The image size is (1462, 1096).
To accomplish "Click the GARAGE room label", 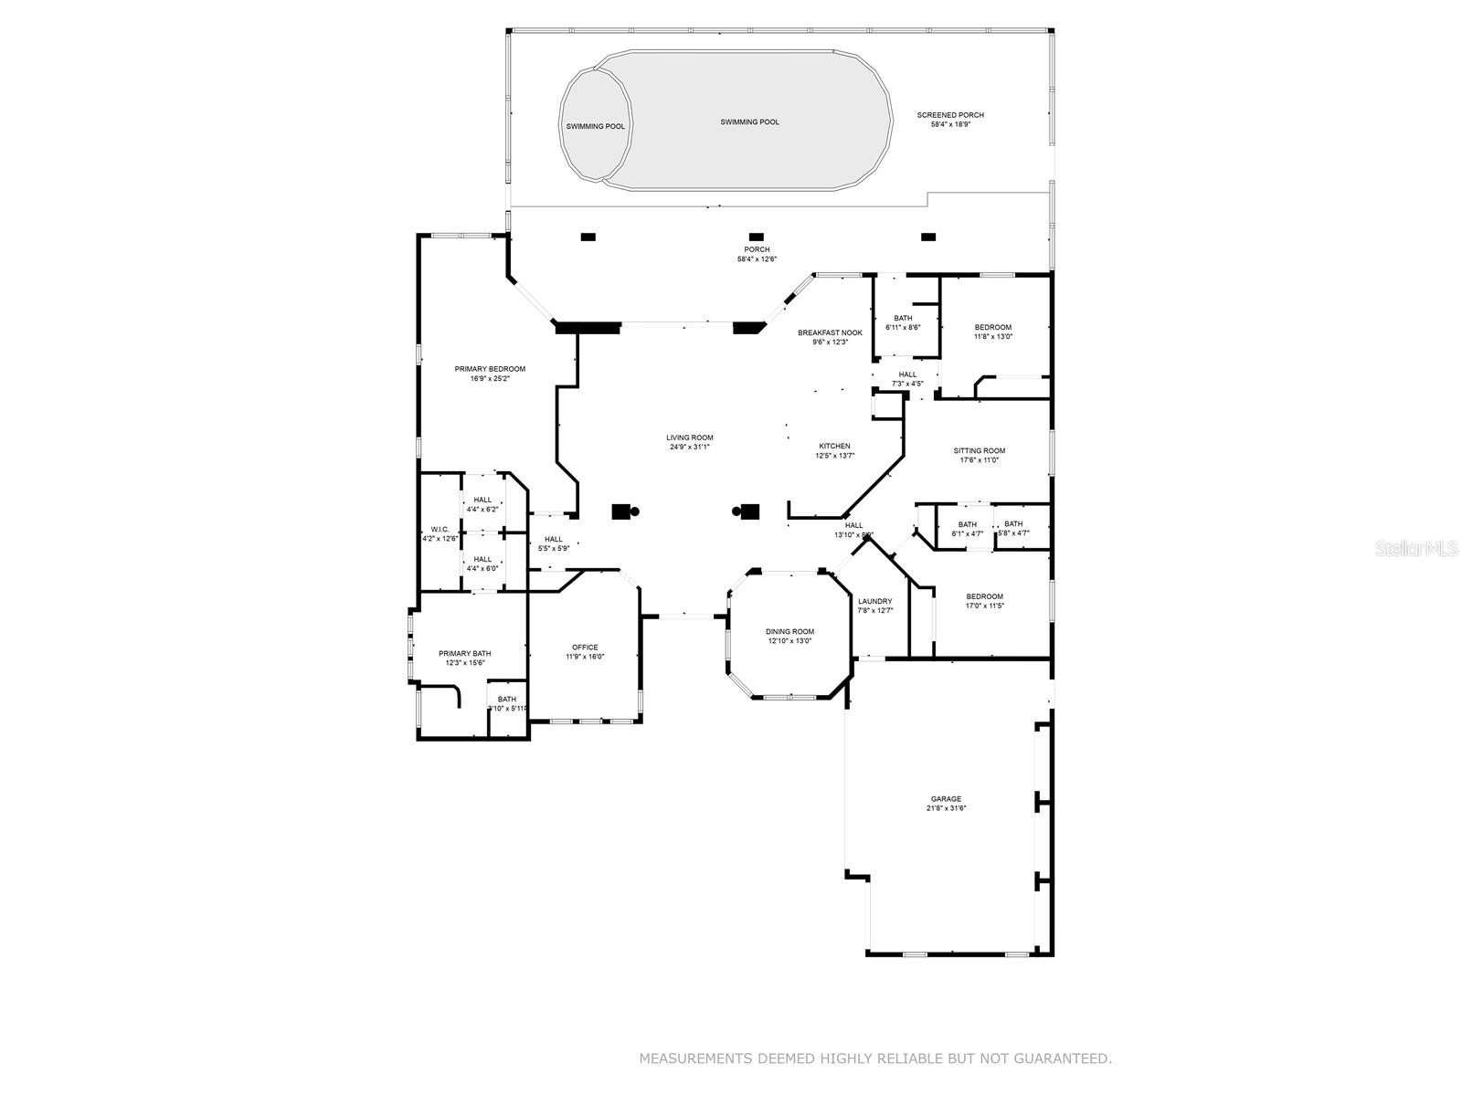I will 946,799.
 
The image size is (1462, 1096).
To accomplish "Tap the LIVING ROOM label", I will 689,438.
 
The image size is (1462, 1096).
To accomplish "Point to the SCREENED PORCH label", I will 950,115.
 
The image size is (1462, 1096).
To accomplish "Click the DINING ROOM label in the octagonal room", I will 789,632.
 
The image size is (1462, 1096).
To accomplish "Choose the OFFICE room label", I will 585,648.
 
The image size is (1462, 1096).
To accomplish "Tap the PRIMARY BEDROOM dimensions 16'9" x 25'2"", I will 490,378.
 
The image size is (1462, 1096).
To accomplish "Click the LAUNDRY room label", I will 874,602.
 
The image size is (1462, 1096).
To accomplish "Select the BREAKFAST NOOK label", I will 830,332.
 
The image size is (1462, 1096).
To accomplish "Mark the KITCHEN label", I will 834,447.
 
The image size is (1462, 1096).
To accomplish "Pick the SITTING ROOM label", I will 979,451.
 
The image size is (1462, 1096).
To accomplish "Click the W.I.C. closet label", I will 440,530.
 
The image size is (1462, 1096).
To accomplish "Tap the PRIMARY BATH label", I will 464,654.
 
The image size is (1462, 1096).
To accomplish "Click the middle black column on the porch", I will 756,237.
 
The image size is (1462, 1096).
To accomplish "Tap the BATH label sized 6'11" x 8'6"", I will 903,319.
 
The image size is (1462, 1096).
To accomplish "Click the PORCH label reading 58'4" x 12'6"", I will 757,249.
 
